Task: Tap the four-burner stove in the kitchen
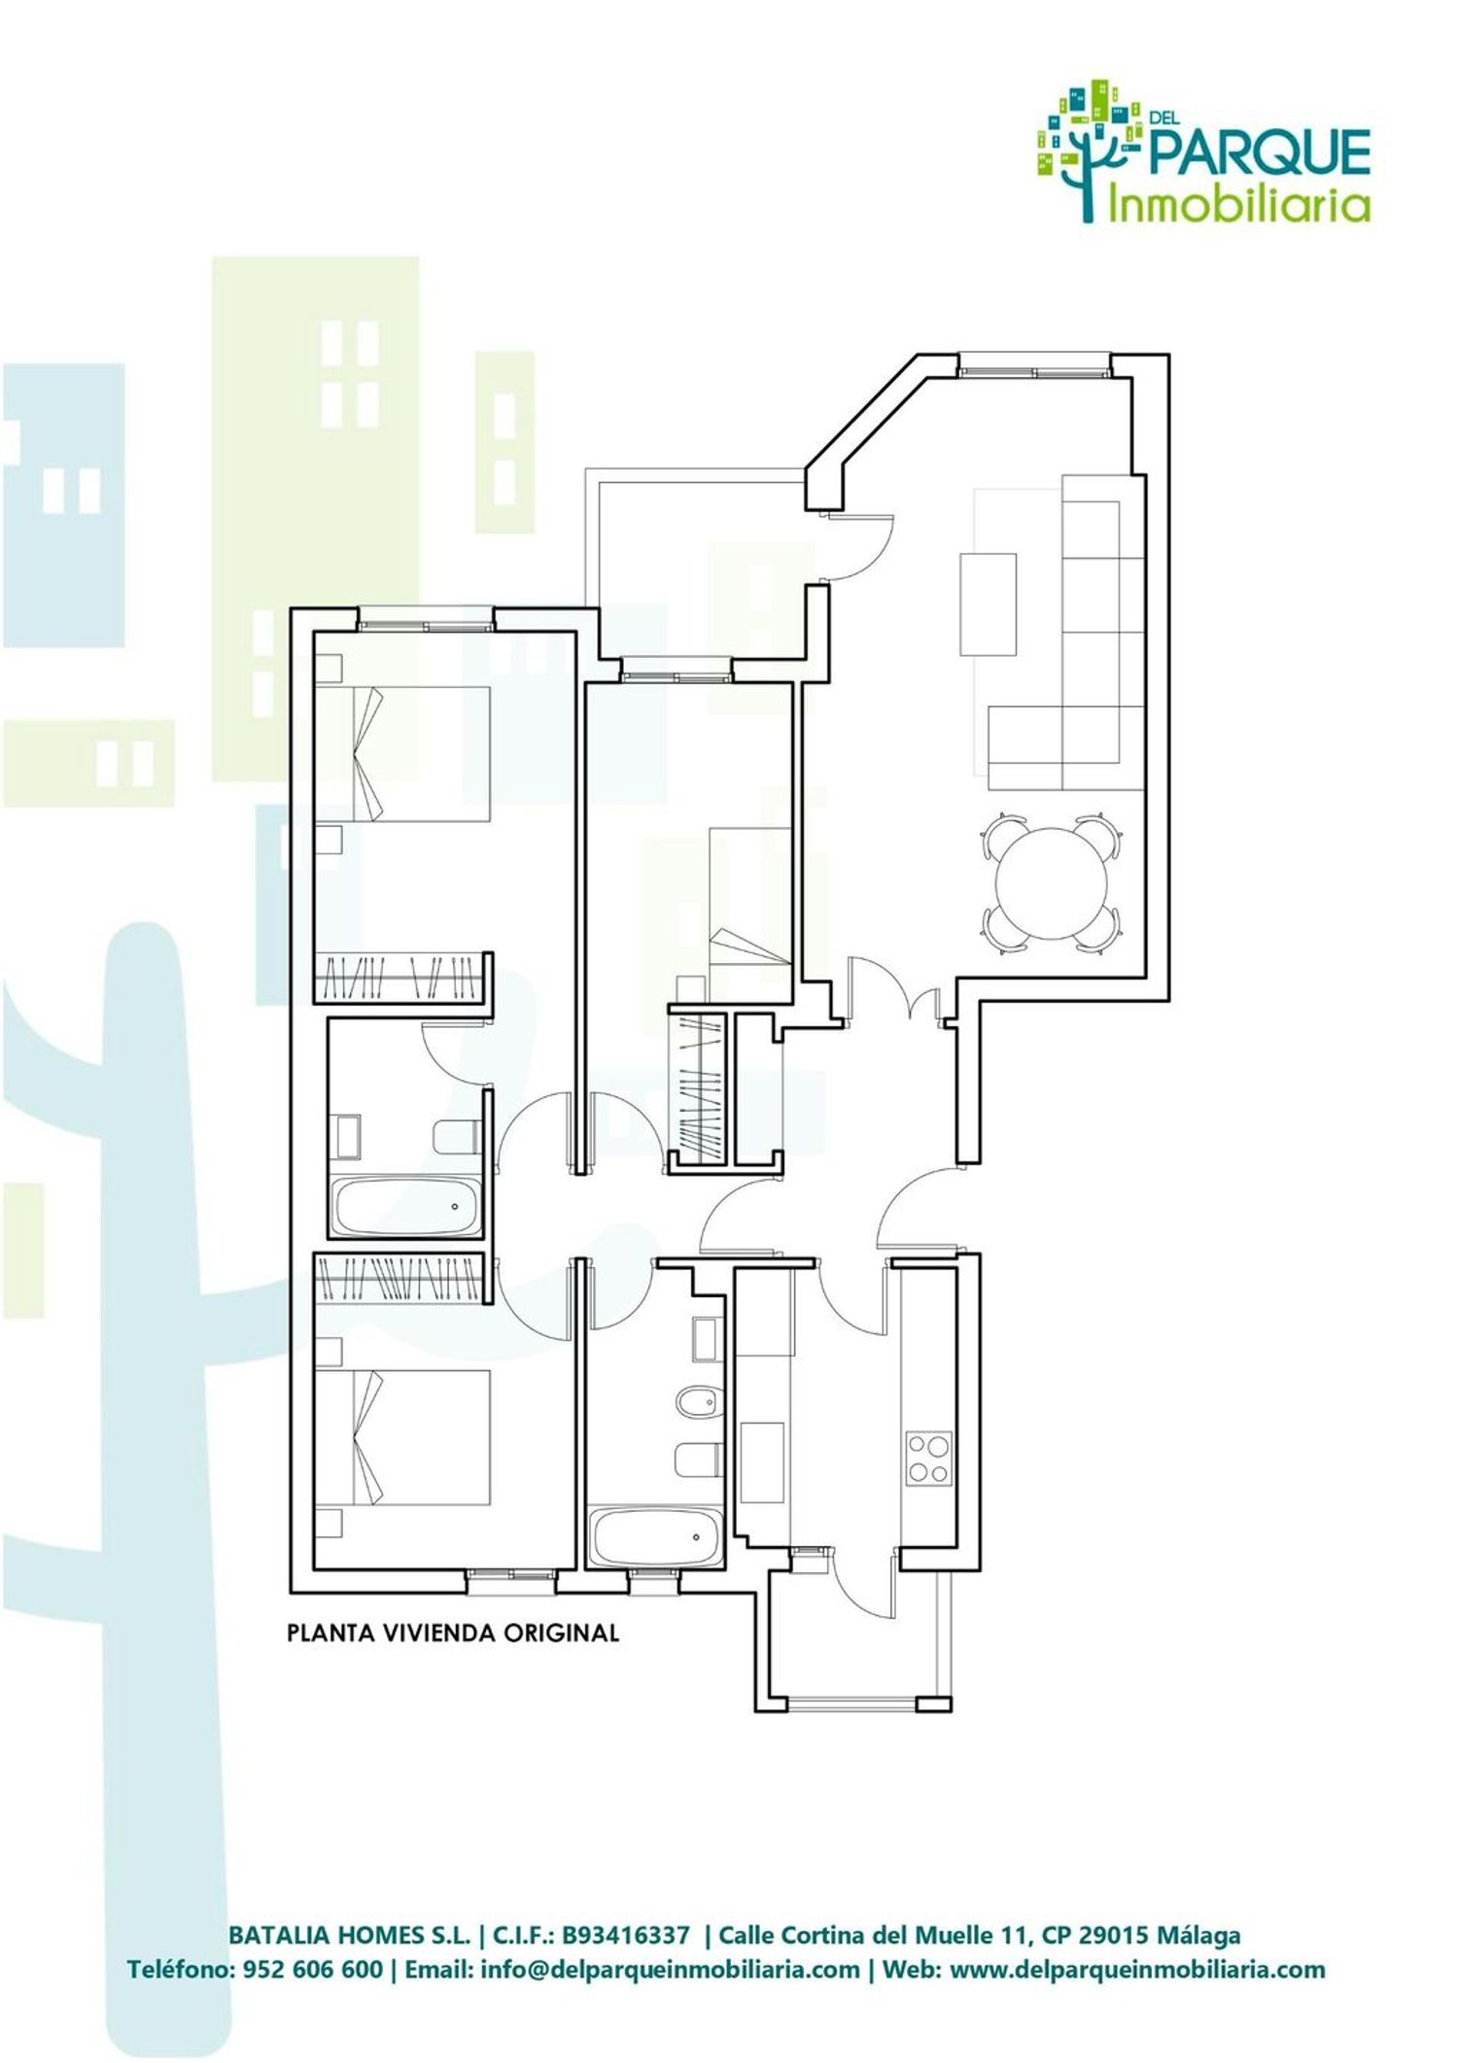(928, 1459)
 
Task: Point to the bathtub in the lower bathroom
(656, 1536)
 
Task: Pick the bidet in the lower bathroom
(698, 1400)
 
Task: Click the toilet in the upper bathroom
(456, 1137)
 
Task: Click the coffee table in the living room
(988, 604)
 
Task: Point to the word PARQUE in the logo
(1260, 154)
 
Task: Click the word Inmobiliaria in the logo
(1240, 204)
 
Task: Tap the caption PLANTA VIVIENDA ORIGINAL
(453, 1633)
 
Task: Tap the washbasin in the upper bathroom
(346, 1136)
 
